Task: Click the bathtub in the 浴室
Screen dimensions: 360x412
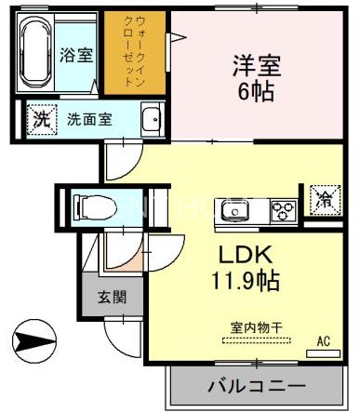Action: pyautogui.click(x=35, y=52)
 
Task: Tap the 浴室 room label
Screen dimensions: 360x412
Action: pyautogui.click(x=76, y=55)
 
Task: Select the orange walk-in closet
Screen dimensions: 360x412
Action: pyautogui.click(x=135, y=53)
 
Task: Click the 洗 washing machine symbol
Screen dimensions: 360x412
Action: pyautogui.click(x=42, y=120)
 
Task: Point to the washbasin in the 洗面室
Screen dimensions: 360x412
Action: pyautogui.click(x=153, y=119)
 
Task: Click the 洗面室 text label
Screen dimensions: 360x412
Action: pyautogui.click(x=89, y=120)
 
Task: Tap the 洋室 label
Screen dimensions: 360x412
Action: pyautogui.click(x=257, y=66)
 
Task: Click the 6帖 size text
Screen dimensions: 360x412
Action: pyautogui.click(x=256, y=91)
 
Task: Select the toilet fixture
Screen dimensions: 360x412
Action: pyautogui.click(x=95, y=206)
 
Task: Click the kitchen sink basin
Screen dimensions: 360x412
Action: pyautogui.click(x=234, y=211)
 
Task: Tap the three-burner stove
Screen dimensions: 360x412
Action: pyautogui.click(x=284, y=211)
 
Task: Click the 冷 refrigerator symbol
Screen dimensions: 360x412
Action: pyautogui.click(x=326, y=199)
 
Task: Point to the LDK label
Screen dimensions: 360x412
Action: pyautogui.click(x=246, y=255)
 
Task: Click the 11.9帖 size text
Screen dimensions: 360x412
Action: pyautogui.click(x=246, y=280)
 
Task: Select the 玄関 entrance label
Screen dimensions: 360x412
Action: pyautogui.click(x=112, y=297)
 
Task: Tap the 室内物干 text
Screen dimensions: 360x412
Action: pyautogui.click(x=256, y=327)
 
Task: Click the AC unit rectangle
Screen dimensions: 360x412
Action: pyautogui.click(x=323, y=353)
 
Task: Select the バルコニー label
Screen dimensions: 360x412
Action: pyautogui.click(x=257, y=386)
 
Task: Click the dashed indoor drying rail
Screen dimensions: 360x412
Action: pyautogui.click(x=257, y=340)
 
